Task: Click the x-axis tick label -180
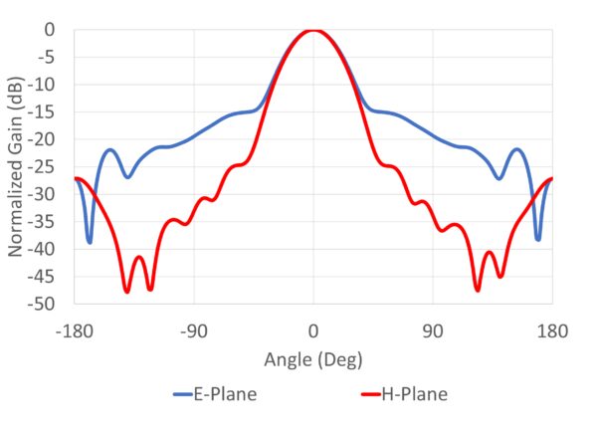click(76, 330)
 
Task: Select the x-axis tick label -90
click(194, 330)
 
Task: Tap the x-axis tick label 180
click(552, 330)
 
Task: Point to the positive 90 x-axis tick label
click(433, 330)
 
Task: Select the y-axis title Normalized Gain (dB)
click(18, 166)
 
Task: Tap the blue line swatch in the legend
click(174, 395)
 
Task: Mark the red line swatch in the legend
click(364, 395)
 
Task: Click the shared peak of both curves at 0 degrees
click(313, 31)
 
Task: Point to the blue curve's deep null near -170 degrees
click(90, 242)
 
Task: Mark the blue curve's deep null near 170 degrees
click(538, 240)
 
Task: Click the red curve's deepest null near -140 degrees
click(127, 291)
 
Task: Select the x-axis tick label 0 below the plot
click(313, 330)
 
